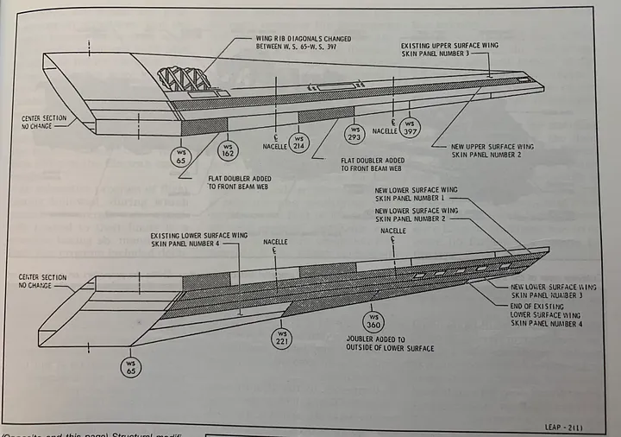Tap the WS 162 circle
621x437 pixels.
click(226, 148)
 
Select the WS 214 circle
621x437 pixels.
click(298, 142)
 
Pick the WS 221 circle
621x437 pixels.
click(281, 337)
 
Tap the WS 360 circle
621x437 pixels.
click(373, 323)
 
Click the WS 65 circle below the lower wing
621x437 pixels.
click(130, 369)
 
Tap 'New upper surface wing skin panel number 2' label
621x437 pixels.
click(492, 151)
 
